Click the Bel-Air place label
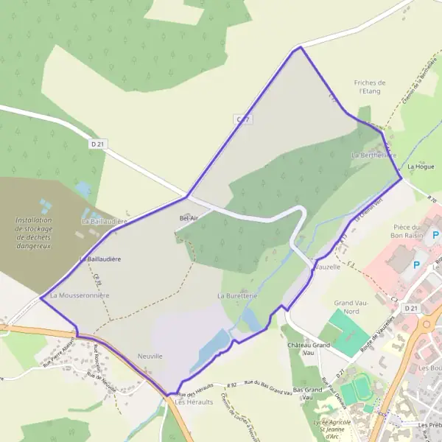(189, 218)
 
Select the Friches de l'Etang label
(370, 88)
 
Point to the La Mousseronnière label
(80, 295)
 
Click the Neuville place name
(150, 357)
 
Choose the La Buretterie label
(236, 295)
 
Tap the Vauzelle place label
(327, 267)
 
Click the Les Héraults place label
(189, 402)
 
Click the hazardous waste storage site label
(35, 233)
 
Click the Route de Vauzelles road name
(393, 324)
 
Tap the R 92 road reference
(234, 385)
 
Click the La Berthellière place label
(374, 155)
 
